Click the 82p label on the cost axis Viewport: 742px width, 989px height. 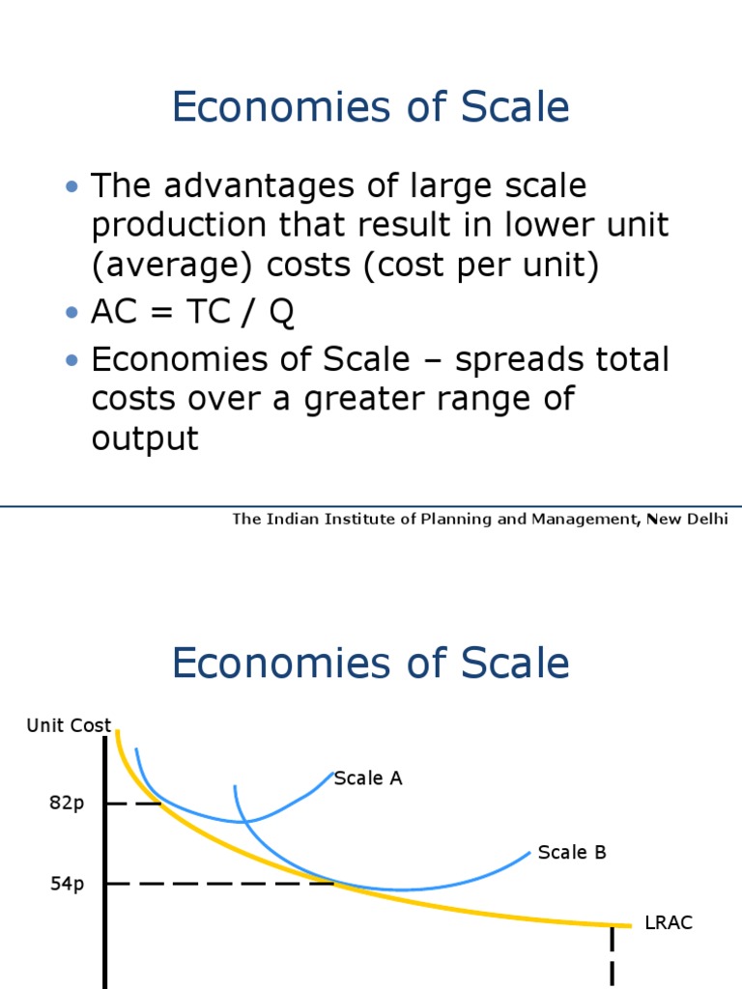click(x=68, y=804)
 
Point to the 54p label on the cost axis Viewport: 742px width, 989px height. click(x=68, y=884)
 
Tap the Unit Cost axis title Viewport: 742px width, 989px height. click(x=69, y=725)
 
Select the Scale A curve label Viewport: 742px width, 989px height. click(x=367, y=778)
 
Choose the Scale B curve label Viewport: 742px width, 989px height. click(x=572, y=852)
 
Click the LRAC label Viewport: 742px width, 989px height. click(x=669, y=923)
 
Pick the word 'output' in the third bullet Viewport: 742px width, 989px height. click(x=145, y=438)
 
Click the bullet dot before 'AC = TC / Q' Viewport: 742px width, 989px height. click(x=71, y=313)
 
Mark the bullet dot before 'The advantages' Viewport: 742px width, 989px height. click(x=71, y=185)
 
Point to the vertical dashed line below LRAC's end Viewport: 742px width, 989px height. click(x=612, y=956)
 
